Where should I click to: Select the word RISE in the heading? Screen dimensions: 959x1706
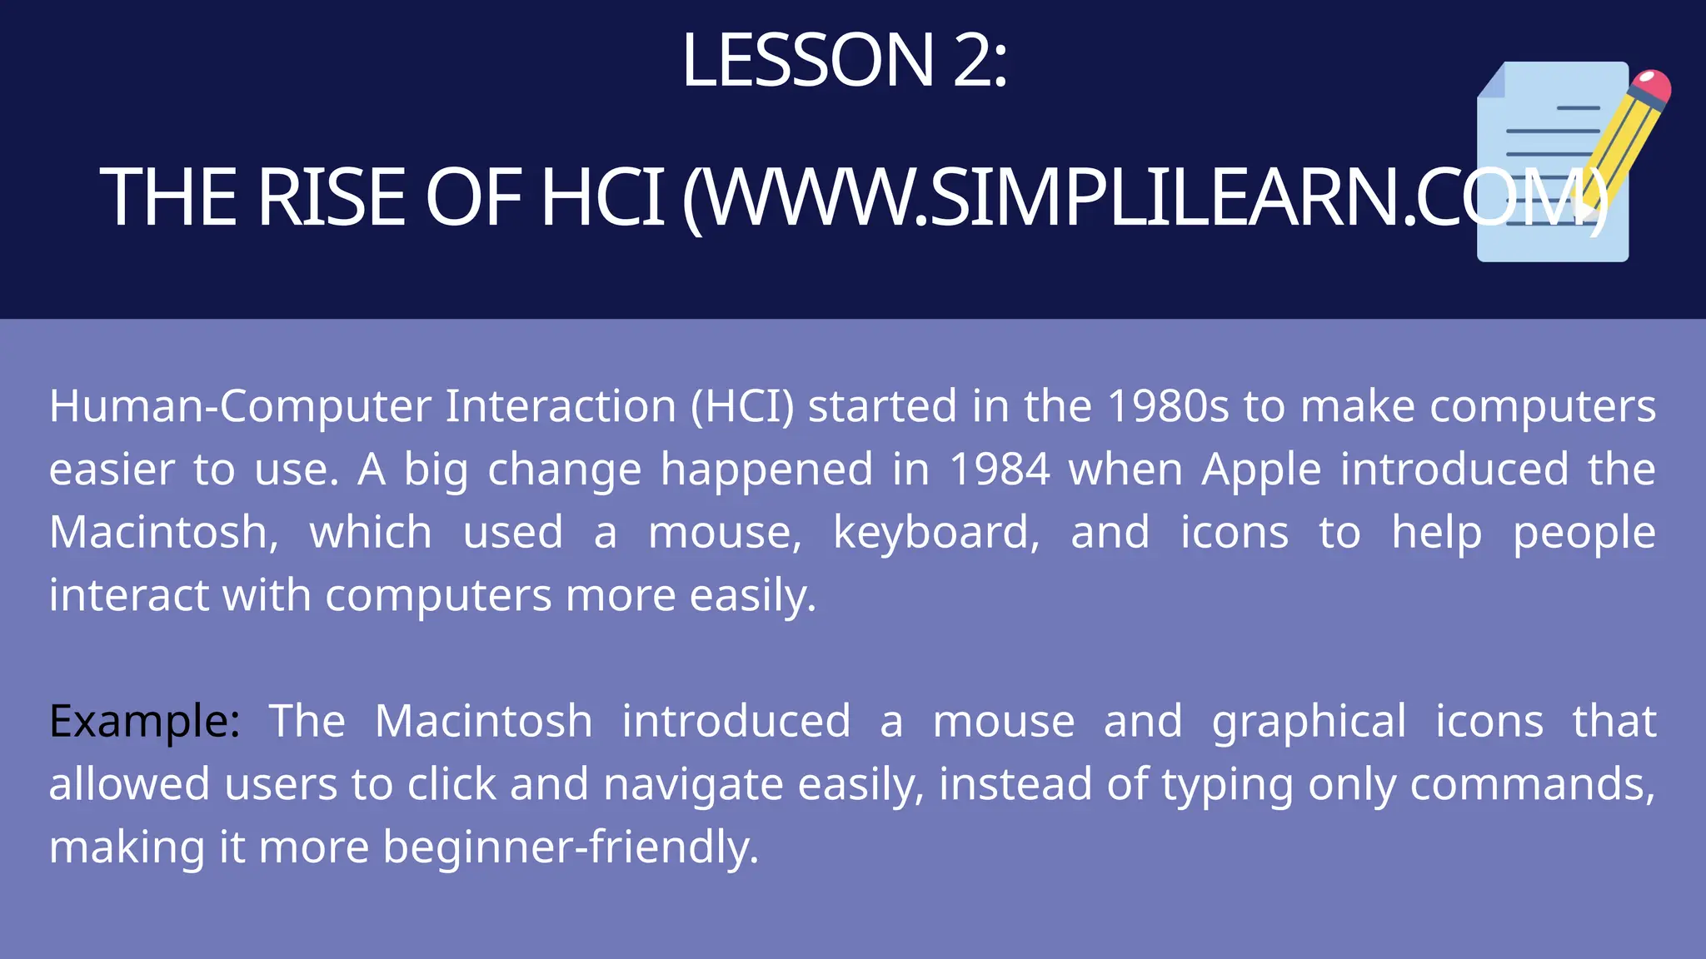click(x=332, y=197)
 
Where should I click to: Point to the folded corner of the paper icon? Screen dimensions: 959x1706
click(x=1492, y=82)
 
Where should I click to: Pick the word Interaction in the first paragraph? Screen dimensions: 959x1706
click(x=561, y=407)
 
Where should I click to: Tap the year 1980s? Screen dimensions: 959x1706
click(x=1169, y=407)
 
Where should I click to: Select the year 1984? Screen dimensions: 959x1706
click(x=1000, y=470)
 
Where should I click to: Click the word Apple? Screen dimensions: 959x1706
click(x=1261, y=470)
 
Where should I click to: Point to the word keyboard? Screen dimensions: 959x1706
click(x=936, y=533)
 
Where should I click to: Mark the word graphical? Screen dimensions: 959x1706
click(x=1309, y=723)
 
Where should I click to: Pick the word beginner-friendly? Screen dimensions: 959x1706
click(x=571, y=847)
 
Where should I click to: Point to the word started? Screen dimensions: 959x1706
click(x=881, y=407)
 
